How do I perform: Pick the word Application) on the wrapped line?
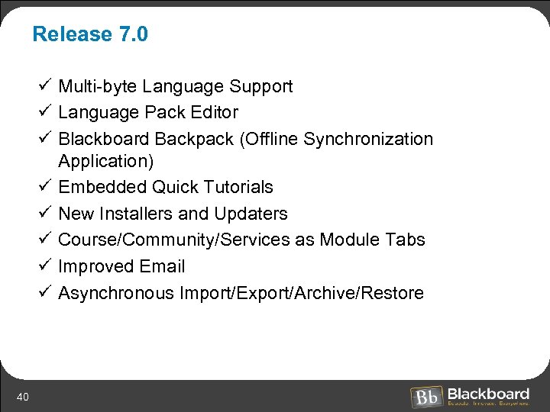click(x=106, y=161)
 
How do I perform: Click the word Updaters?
click(x=251, y=214)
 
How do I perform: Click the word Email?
click(x=162, y=266)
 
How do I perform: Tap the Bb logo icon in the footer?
click(x=425, y=397)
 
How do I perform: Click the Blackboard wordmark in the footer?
click(x=488, y=394)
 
